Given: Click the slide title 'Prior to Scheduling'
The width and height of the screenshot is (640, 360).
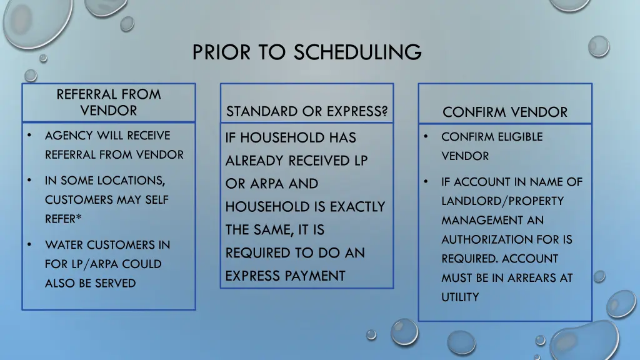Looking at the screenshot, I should pos(307,52).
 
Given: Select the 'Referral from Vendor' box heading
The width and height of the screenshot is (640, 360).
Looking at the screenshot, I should pos(108,102).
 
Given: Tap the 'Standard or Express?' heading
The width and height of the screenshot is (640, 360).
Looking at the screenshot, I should pos(306,112).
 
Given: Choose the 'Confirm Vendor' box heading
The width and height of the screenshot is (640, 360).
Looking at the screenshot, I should pos(505,112).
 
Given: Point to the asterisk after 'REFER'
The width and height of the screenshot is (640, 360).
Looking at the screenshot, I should pos(79,219).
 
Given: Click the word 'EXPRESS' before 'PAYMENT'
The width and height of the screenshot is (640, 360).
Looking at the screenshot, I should pos(253,276).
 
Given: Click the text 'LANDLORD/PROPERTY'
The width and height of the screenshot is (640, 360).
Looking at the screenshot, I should pos(502,201).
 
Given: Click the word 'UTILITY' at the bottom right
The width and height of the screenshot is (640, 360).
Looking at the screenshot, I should pos(460,297).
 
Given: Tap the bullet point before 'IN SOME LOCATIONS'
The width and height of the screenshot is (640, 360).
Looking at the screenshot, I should pos(29,181).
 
